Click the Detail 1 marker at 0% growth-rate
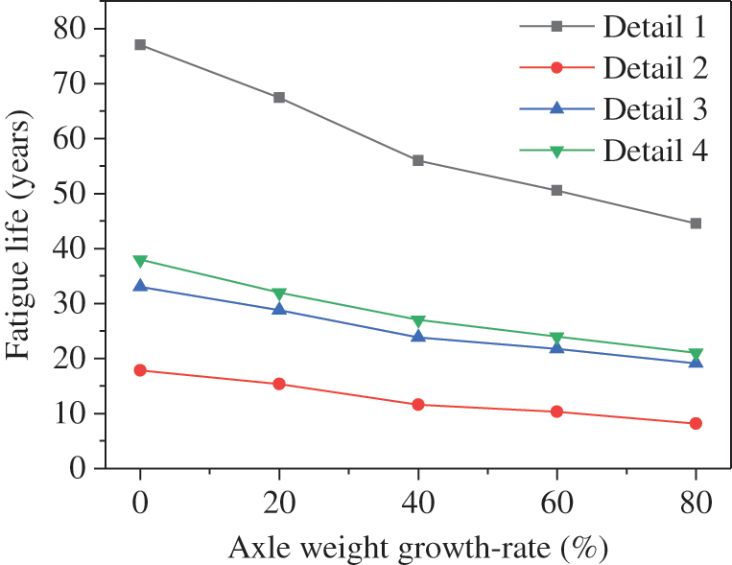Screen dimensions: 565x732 click(x=140, y=44)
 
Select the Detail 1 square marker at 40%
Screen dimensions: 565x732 click(x=418, y=160)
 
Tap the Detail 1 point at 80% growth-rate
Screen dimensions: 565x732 click(x=696, y=224)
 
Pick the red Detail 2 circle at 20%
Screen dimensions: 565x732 click(x=279, y=384)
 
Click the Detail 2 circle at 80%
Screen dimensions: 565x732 click(x=696, y=423)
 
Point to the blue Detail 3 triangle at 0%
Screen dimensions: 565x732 click(x=140, y=286)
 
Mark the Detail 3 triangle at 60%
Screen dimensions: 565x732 click(x=556, y=347)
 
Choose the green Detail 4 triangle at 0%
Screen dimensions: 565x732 click(x=140, y=261)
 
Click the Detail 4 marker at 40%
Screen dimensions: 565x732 click(x=418, y=320)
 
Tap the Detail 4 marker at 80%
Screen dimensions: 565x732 click(x=696, y=354)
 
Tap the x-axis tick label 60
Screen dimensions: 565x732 click(x=556, y=501)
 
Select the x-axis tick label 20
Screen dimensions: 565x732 click(x=279, y=501)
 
